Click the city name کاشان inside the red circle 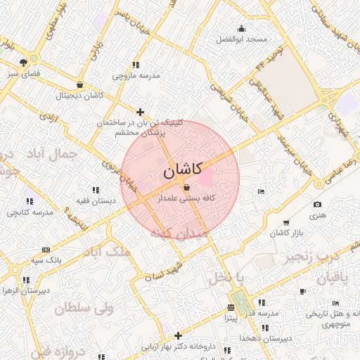coord(182,170)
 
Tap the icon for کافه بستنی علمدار coord(186,188)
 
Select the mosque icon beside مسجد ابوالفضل coord(242,29)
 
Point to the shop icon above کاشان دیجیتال coord(79,85)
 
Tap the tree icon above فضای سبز coord(24,61)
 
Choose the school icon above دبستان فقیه coord(96,189)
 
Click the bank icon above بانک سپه coord(46,250)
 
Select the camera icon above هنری coord(317,205)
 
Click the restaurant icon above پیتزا coord(231,307)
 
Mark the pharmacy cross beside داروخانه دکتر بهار coord(178,335)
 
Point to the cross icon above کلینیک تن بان coord(141,112)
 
